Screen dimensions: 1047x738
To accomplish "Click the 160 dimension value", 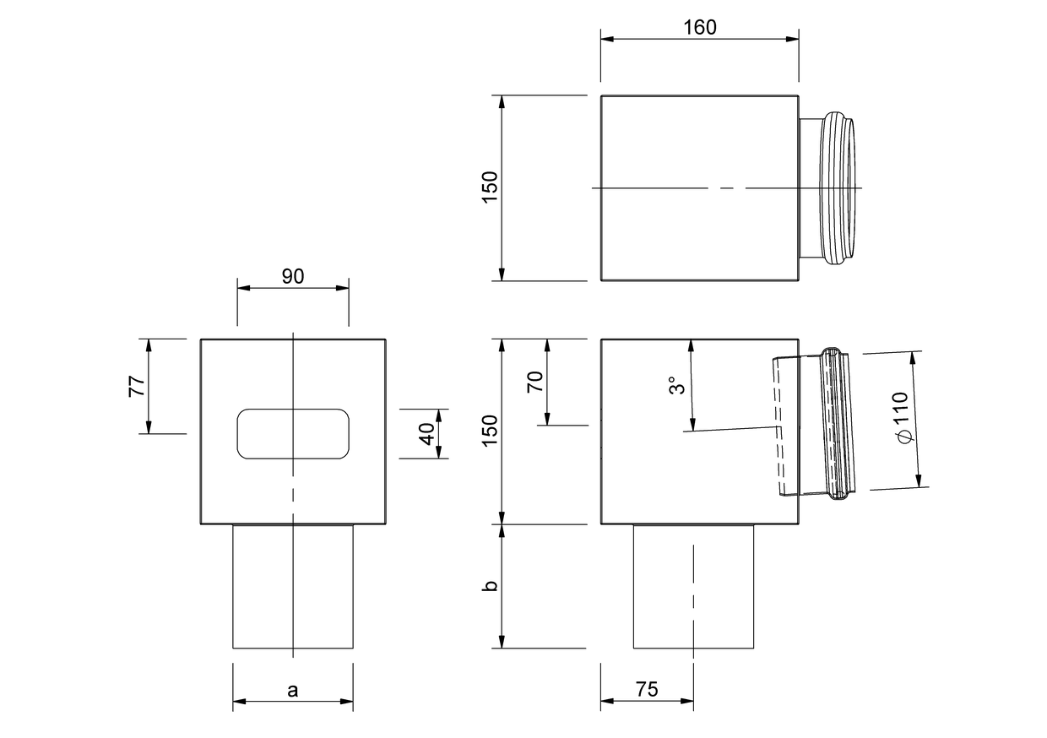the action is (700, 28).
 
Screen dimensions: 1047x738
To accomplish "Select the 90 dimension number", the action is (293, 277).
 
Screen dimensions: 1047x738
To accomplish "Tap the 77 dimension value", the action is (137, 387).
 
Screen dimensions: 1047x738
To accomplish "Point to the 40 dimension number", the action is (427, 434).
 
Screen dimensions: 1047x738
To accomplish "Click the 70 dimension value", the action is (535, 382).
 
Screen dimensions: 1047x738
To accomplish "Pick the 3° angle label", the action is (677, 386).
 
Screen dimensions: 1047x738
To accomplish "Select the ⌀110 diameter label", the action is (901, 418).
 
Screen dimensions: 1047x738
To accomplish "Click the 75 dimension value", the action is (647, 689).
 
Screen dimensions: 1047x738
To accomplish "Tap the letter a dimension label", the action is (293, 691).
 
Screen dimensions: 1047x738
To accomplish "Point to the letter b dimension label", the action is (490, 586).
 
